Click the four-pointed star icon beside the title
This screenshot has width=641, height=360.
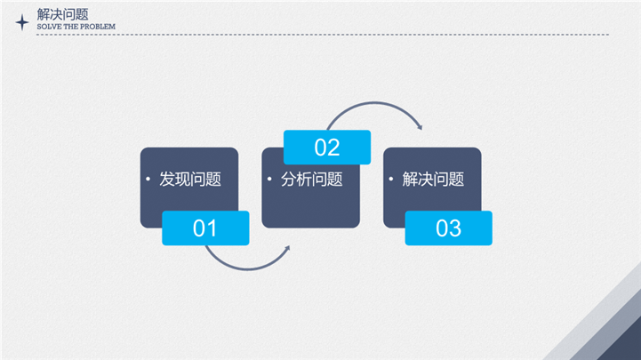[22, 22]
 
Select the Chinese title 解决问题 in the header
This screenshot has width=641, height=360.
[62, 15]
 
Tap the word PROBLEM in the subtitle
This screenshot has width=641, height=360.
[100, 27]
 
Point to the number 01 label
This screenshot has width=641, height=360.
[204, 228]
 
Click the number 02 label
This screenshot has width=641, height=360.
[327, 147]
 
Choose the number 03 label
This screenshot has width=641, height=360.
[448, 228]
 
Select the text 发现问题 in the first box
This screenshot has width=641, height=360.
[190, 179]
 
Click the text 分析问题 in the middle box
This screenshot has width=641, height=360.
[311, 179]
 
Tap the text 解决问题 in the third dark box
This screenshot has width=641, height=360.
[433, 179]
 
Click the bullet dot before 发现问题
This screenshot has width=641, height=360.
[148, 179]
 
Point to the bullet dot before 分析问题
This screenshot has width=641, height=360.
[269, 179]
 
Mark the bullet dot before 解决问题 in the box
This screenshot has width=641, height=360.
[391, 179]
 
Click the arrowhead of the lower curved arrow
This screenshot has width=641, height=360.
[288, 248]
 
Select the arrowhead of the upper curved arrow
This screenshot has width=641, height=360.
[420, 127]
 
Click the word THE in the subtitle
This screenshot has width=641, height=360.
[74, 27]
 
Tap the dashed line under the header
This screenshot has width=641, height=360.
[323, 35]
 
